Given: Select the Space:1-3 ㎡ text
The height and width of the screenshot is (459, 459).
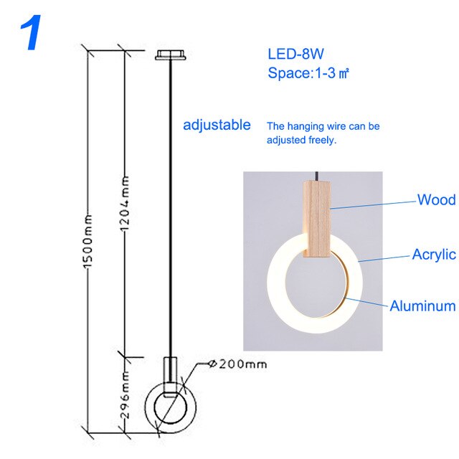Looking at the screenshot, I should click(308, 72).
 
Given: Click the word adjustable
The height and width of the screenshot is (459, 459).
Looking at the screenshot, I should click(217, 125).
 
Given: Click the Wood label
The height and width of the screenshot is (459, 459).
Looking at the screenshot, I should click(436, 200).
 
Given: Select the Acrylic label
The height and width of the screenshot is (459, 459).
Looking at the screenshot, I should click(433, 255).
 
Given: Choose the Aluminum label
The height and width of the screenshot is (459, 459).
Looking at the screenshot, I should click(422, 306).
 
